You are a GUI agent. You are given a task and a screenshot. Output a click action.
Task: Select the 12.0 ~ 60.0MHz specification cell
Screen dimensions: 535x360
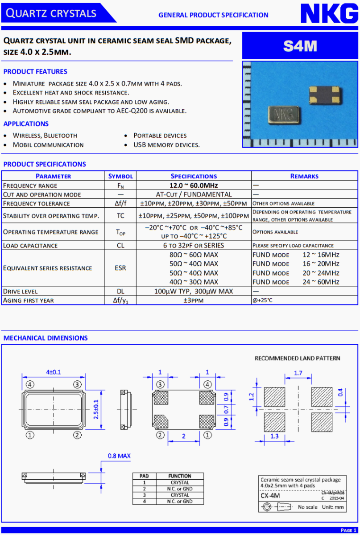[194, 185]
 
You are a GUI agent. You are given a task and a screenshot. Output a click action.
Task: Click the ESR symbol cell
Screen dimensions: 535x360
[120, 268]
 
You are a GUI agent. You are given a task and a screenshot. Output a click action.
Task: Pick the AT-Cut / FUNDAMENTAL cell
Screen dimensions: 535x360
[194, 194]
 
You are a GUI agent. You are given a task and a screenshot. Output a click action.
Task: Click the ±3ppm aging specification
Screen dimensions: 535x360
[194, 300]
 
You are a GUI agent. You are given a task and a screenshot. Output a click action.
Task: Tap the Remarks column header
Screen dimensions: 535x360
[304, 176]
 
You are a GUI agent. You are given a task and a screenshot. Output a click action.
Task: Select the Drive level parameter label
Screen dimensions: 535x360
[18, 291]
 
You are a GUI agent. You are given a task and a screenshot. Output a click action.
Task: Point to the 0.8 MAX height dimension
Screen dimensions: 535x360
[119, 456]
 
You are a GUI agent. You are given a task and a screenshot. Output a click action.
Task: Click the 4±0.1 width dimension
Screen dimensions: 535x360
[54, 372]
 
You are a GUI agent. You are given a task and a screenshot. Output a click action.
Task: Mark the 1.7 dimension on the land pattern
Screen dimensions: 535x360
[298, 373]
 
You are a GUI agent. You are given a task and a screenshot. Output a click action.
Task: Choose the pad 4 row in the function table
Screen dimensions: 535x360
[168, 501]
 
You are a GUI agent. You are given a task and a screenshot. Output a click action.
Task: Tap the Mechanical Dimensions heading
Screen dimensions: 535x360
[46, 338]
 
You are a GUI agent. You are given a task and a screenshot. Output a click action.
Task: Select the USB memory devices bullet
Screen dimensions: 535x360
[166, 145]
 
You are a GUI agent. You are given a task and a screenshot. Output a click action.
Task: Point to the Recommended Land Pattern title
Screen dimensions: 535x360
[297, 358]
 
